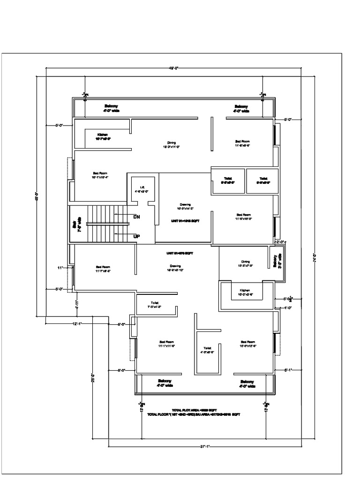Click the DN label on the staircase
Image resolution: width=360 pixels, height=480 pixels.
[137, 217]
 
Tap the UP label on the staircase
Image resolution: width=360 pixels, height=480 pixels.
[137, 236]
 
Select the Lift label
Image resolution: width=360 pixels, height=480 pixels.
[141, 189]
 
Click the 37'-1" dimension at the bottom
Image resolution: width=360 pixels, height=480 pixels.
[202, 447]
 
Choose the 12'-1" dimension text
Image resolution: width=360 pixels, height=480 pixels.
[77, 323]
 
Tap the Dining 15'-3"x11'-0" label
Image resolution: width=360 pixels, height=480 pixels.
[171, 145]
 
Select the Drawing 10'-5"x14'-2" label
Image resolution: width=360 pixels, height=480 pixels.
[185, 207]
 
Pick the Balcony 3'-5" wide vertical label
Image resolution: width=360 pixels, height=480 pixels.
[277, 261]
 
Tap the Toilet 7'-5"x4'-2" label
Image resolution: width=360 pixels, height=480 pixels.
[154, 305]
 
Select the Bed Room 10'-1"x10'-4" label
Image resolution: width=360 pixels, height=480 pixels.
[100, 175]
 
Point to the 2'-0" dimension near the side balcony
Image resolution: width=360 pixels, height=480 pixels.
[280, 242]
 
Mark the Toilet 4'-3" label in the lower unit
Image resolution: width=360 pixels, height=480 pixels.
[207, 350]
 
